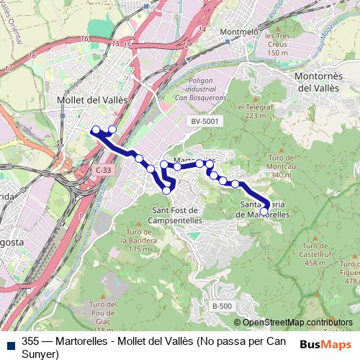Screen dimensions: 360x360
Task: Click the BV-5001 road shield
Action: pos(205,122)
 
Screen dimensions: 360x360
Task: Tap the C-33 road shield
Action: pos(104,168)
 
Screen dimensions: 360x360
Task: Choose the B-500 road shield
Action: pos(222,306)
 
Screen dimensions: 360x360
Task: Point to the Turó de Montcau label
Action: pos(281,166)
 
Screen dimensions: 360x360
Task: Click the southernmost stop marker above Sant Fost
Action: pos(167,190)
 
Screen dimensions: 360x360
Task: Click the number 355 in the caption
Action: pos(30,341)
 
